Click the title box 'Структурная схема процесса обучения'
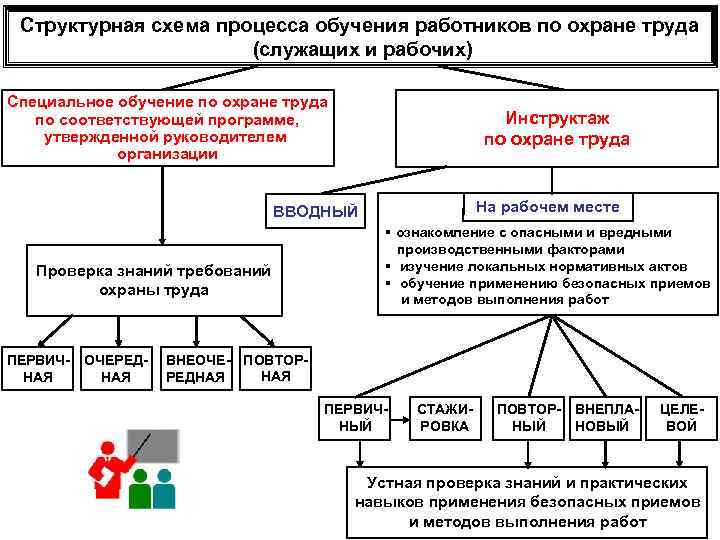(360, 37)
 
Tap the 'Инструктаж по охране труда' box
(556, 129)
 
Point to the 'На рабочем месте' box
(547, 207)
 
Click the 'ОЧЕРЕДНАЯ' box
(116, 368)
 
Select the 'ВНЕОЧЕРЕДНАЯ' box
(198, 368)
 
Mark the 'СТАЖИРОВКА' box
(444, 418)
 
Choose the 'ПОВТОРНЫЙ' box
(529, 418)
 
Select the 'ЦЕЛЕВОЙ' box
(681, 418)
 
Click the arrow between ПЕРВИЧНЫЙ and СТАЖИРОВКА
(398, 418)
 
